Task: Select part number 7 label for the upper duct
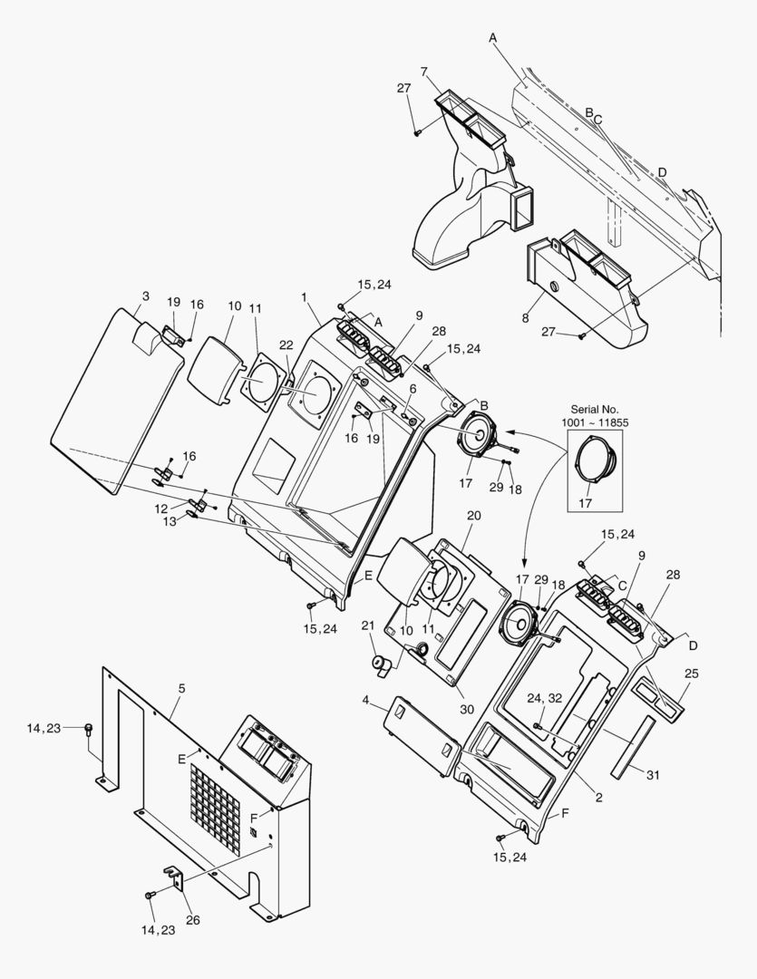point(424,72)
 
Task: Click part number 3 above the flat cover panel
point(145,296)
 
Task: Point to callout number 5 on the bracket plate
point(181,689)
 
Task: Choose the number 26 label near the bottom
point(192,920)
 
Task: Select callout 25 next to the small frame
point(691,674)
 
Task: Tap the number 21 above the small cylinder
point(368,625)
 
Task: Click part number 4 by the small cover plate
point(365,701)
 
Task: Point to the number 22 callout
point(286,344)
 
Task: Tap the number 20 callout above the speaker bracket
point(472,515)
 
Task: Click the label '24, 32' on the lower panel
point(545,698)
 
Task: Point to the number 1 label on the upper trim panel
point(306,296)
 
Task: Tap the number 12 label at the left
point(160,508)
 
